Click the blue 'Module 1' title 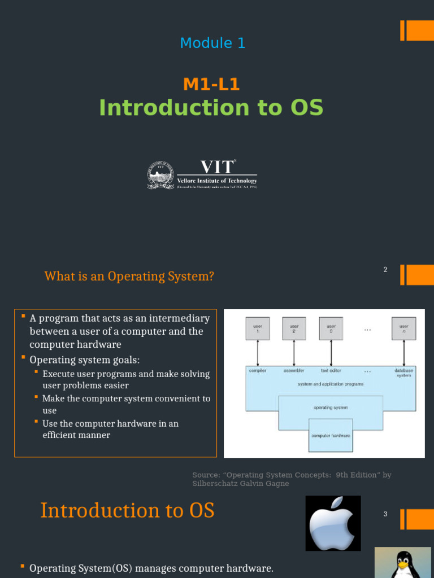(212, 43)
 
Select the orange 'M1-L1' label (211, 85)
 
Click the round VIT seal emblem (160, 175)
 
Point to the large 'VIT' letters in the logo (216, 167)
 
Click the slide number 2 (385, 270)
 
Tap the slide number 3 (385, 514)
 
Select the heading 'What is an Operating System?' (129, 277)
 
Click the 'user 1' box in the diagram (258, 329)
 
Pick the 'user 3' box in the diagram (331, 329)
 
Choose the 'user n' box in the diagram (403, 329)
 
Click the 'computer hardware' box (331, 435)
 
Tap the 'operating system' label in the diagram (331, 407)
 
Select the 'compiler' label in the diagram (258, 371)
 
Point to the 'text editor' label (331, 371)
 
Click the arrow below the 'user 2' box (294, 353)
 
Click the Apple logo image (333, 523)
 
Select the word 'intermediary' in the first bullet (182, 318)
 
